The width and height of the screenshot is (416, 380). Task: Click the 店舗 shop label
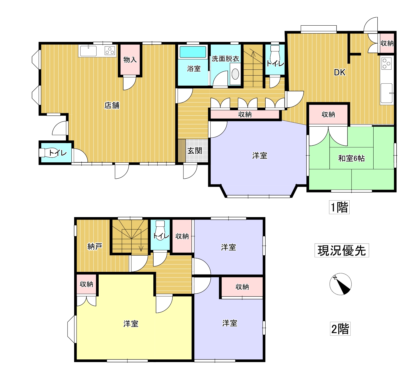(x=112, y=105)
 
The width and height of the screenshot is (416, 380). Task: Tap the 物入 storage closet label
(x=130, y=60)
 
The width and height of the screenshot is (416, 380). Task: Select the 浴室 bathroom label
(x=194, y=69)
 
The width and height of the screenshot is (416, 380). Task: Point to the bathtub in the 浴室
(x=193, y=52)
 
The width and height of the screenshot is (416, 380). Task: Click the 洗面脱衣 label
(x=225, y=59)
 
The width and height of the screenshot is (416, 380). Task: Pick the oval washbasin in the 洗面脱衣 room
(x=235, y=74)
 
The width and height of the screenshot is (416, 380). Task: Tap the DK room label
(x=339, y=72)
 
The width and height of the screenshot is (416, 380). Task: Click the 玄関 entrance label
(x=195, y=151)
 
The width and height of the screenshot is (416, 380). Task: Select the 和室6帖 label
(x=351, y=158)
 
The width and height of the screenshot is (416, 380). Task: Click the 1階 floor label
(x=339, y=207)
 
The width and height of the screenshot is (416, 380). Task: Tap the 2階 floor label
(x=340, y=329)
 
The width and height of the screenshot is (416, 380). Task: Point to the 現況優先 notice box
(x=342, y=250)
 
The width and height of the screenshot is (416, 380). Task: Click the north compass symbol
(x=341, y=284)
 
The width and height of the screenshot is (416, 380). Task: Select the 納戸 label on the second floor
(x=95, y=246)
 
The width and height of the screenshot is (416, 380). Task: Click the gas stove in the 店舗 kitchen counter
(x=110, y=50)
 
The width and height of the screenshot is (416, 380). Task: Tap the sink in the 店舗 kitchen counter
(x=88, y=51)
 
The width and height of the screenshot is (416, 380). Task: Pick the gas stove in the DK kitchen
(x=386, y=64)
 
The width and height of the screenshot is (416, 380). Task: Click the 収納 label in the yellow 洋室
(x=86, y=284)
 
